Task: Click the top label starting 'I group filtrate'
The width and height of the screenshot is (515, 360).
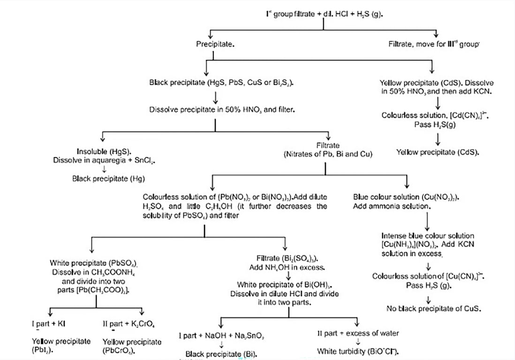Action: coord(324,15)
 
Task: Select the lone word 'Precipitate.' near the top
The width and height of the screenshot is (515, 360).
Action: coord(215,45)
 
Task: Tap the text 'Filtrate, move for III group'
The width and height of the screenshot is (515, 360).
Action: coord(434,45)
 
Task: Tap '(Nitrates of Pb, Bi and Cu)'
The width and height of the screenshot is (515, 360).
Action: coord(328,154)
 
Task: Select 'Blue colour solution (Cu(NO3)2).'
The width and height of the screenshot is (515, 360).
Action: coord(406,197)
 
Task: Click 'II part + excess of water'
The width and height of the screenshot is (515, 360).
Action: coord(358,333)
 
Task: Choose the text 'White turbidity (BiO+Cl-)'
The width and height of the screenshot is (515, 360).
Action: coord(361,351)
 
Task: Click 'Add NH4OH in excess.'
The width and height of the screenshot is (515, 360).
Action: coord(288,267)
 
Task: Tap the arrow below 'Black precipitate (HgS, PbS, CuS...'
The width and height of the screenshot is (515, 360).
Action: coord(215,97)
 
